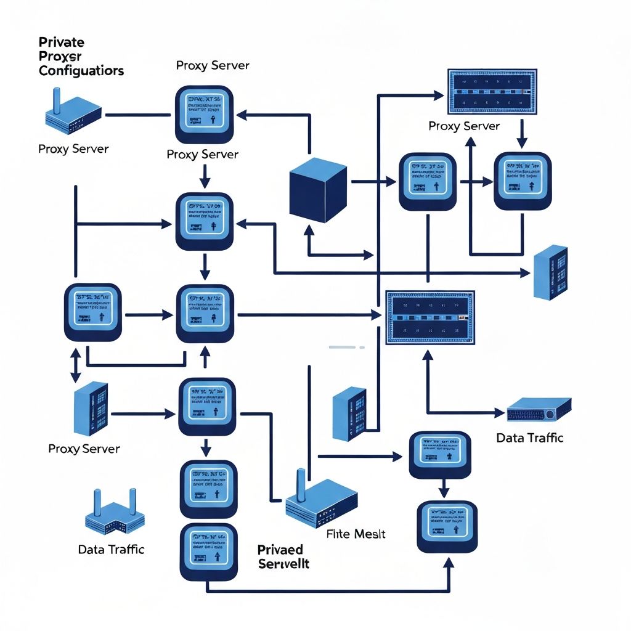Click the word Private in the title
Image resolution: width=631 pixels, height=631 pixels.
(62, 43)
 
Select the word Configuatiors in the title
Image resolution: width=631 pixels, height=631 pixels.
(81, 70)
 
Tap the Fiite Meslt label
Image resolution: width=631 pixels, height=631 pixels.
(355, 534)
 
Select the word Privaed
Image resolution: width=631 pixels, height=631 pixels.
(280, 549)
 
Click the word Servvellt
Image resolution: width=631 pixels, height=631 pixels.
(283, 563)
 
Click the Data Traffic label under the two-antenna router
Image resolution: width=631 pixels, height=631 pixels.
(111, 549)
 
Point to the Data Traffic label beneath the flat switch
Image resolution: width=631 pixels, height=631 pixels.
(529, 438)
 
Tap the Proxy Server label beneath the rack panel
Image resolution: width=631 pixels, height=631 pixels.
(464, 126)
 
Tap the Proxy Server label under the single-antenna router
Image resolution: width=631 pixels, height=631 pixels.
(73, 149)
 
